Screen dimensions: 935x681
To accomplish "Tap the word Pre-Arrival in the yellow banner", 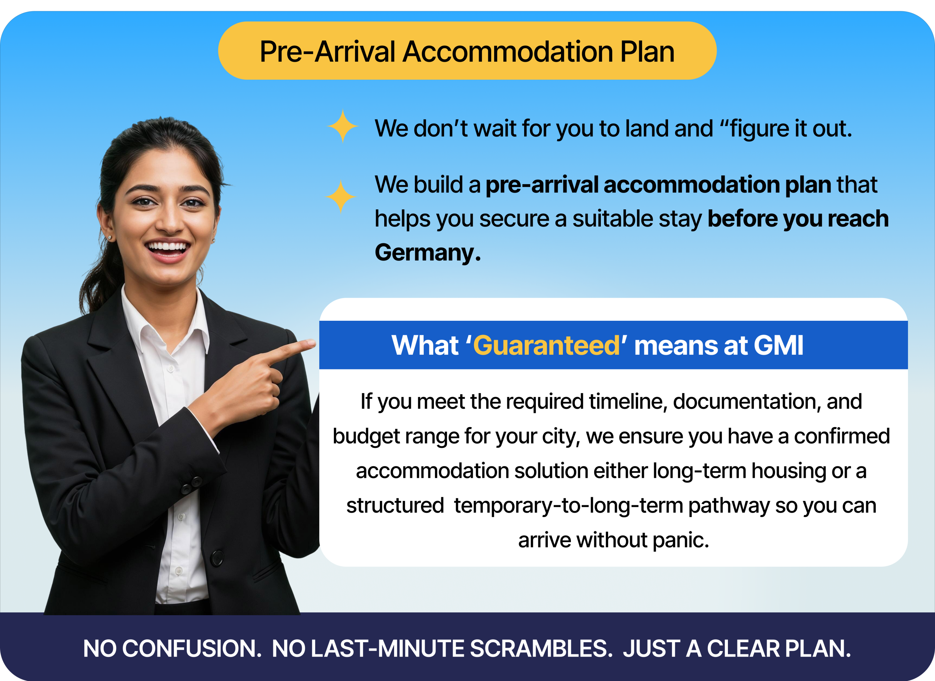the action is pos(328,52).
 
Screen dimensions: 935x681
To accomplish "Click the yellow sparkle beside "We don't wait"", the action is pos(342,126).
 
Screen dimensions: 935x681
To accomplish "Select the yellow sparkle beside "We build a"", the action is pos(340,197).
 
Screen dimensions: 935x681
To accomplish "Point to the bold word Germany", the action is pos(428,253).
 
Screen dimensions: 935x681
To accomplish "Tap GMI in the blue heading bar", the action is pos(779,345).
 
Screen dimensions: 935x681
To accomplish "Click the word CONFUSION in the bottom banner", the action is pos(192,649).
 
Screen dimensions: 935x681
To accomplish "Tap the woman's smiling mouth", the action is pos(167,248).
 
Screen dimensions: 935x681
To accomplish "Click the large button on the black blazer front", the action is pos(217,558).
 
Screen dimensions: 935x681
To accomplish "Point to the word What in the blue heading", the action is pos(425,345).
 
